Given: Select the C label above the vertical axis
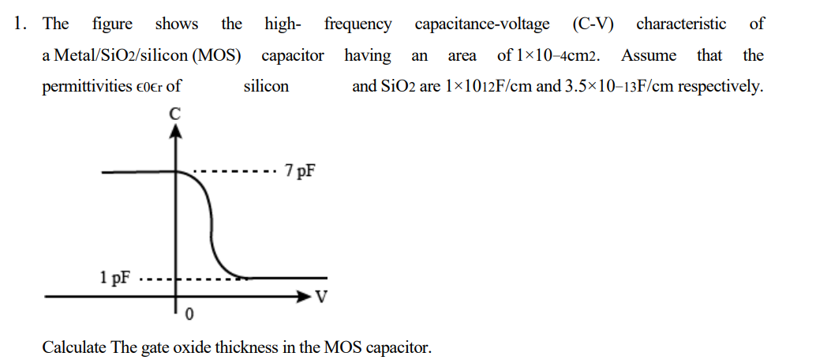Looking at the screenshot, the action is click(x=175, y=114).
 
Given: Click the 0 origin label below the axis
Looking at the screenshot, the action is click(x=188, y=316).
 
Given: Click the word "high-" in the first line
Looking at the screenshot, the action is click(x=283, y=24).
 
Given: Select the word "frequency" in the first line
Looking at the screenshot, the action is click(x=357, y=24).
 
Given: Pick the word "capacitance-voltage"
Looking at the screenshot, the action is click(x=482, y=24).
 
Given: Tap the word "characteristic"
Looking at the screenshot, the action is click(x=681, y=24).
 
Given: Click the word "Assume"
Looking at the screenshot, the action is click(x=648, y=56).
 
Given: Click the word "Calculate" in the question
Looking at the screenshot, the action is click(x=73, y=347).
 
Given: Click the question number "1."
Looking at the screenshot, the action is click(x=21, y=24).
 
